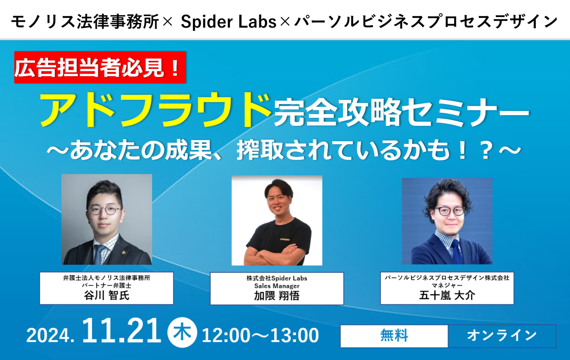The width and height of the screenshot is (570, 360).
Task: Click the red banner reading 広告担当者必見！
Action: coord(100,67)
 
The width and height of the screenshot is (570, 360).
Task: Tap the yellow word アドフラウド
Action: coord(155,110)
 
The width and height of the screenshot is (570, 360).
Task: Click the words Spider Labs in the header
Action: coord(228,22)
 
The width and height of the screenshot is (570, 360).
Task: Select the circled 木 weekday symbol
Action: coord(182,332)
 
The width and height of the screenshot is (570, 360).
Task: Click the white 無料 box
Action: coord(394,336)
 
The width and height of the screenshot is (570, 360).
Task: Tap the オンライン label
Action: coord(502,335)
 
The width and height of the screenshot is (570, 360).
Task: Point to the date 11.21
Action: coord(122,331)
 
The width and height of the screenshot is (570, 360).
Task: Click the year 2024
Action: coord(50,335)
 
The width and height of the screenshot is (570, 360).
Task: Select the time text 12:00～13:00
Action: coord(260,335)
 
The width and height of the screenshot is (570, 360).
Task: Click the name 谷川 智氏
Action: coord(106,295)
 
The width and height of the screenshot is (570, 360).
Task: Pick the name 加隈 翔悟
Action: coord(277,296)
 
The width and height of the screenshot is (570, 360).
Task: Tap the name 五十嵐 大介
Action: coord(447,295)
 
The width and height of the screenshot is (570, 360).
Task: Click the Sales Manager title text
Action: coord(277,286)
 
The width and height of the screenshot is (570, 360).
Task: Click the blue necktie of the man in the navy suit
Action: coord(457,251)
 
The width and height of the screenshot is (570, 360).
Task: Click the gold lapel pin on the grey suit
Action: coord(123,252)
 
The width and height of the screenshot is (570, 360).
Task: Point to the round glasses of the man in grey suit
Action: coord(105,210)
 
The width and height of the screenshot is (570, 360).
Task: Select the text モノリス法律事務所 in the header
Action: coord(85,22)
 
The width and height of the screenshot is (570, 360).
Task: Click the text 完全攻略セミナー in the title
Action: coord(401,112)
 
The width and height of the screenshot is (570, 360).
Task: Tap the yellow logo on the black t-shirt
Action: coord(285,239)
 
